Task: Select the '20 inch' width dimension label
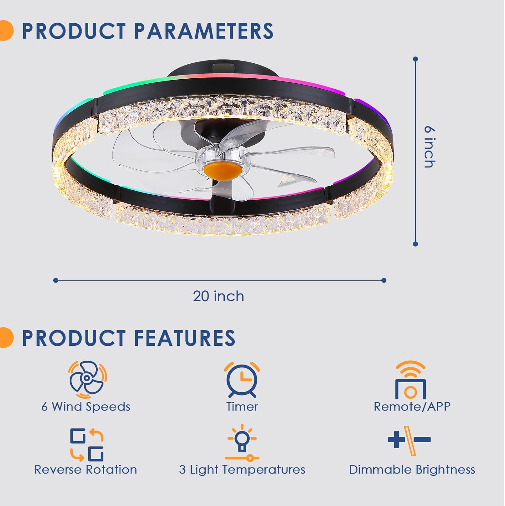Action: [x=218, y=296]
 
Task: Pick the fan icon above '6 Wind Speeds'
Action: [x=87, y=379]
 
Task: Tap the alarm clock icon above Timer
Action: [x=242, y=379]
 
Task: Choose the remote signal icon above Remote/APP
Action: [x=410, y=380]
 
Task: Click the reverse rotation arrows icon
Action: [x=87, y=445]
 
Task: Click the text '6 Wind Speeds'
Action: [x=86, y=407]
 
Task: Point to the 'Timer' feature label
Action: [x=242, y=406]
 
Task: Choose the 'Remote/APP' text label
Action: [x=412, y=406]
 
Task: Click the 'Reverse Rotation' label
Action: [x=86, y=470]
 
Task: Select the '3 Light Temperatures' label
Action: [x=242, y=470]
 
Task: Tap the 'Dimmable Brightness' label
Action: [x=412, y=470]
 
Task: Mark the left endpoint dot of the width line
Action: [x=56, y=280]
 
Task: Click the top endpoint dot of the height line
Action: [x=415, y=59]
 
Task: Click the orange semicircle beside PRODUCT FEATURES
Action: [x=6, y=337]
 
